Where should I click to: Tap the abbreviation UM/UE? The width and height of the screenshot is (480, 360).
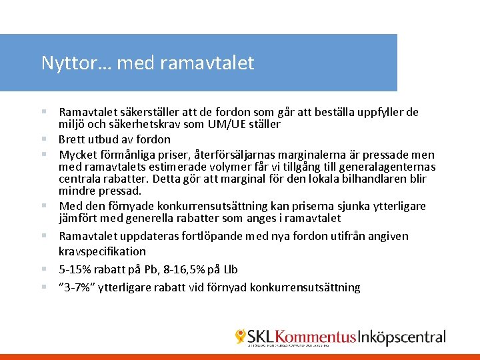coord(226,125)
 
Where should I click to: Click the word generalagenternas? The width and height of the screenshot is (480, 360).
coord(389,167)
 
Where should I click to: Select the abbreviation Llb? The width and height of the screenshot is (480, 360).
coord(229,269)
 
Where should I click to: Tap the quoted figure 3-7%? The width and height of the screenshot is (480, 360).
coord(81,287)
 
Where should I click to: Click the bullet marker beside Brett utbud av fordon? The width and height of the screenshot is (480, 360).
coord(43,139)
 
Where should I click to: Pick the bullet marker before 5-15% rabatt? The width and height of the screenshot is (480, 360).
coord(43,269)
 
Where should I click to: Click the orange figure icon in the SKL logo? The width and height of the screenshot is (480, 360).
coord(240,337)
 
